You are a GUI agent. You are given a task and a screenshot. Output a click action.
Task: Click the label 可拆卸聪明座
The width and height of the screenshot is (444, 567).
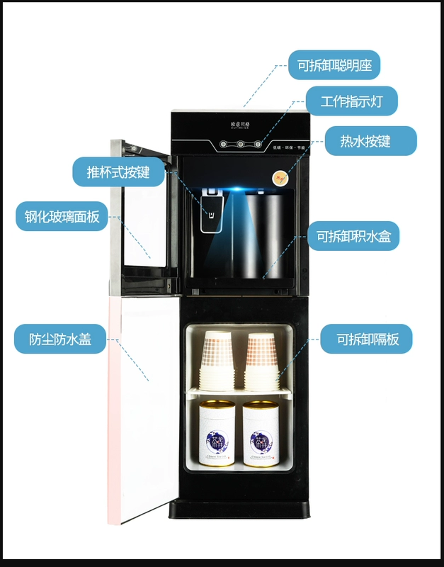coord(334,66)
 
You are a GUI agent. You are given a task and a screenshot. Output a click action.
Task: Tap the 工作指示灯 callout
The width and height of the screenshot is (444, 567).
coord(351,101)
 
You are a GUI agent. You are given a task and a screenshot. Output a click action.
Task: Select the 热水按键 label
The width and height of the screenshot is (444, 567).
coord(370,141)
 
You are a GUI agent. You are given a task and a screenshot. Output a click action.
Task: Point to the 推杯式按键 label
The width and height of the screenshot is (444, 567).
coord(118,172)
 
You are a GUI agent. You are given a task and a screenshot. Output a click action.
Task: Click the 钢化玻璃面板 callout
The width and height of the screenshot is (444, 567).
coord(62,217)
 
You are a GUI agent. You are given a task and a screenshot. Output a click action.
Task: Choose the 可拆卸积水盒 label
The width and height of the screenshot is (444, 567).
coord(353,235)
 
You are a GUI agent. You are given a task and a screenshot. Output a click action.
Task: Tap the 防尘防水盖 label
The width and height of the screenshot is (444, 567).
coord(62,339)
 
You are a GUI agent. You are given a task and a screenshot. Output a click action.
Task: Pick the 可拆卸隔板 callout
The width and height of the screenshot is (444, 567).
coord(366,339)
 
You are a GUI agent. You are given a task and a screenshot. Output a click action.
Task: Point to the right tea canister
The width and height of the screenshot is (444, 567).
coord(261,434)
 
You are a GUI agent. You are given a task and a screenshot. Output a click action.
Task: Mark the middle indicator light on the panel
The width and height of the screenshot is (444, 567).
coord(241,145)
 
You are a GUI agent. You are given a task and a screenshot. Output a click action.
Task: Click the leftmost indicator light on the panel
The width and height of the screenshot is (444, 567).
coord(224,145)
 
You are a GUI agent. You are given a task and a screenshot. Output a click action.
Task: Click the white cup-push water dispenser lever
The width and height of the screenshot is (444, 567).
coord(210,212)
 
